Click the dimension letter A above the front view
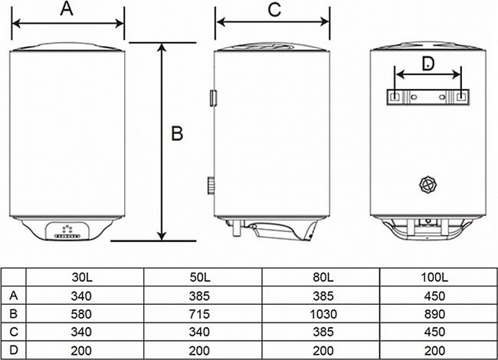point(67,9)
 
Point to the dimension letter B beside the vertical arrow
point(177,133)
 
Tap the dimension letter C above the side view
point(274,9)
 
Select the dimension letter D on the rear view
point(428,63)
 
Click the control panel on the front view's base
point(67,231)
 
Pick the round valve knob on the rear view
point(428,184)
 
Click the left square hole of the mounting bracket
point(394,97)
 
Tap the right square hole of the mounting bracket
point(460,97)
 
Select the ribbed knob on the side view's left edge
point(211,185)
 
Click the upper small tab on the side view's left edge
point(213,98)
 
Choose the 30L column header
point(82,277)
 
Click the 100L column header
point(434,277)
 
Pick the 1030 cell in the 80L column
point(323,314)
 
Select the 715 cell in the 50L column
point(199,314)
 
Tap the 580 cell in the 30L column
point(81,314)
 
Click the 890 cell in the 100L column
point(434,314)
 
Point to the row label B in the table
point(14,313)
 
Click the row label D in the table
point(14,350)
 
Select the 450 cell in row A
point(434,296)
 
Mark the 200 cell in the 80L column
point(323,351)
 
